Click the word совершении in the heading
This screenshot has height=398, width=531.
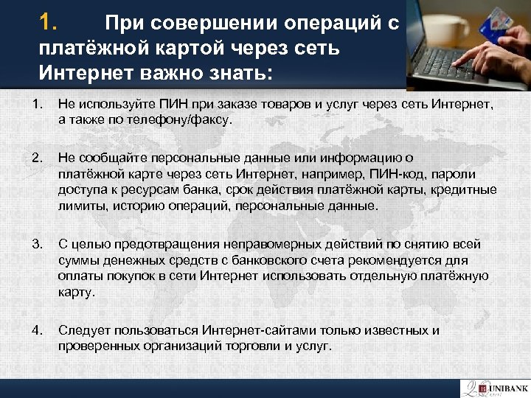click(x=213, y=24)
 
